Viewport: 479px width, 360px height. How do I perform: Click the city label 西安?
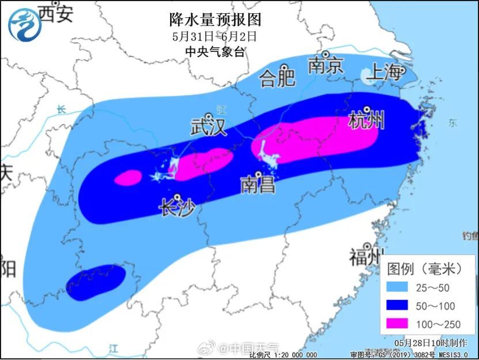click(x=56, y=14)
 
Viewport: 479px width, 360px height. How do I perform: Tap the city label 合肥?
click(x=277, y=77)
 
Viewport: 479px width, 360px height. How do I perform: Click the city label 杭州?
click(x=366, y=122)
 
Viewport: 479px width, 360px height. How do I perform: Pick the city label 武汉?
click(x=209, y=127)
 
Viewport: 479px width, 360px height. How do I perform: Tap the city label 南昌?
click(x=258, y=185)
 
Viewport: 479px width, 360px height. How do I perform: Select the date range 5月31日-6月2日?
click(x=214, y=36)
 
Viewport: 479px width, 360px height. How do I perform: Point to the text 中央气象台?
click(x=214, y=51)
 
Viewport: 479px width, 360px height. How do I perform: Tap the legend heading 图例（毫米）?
click(x=425, y=268)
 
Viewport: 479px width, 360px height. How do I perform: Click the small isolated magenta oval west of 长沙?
click(x=128, y=178)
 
